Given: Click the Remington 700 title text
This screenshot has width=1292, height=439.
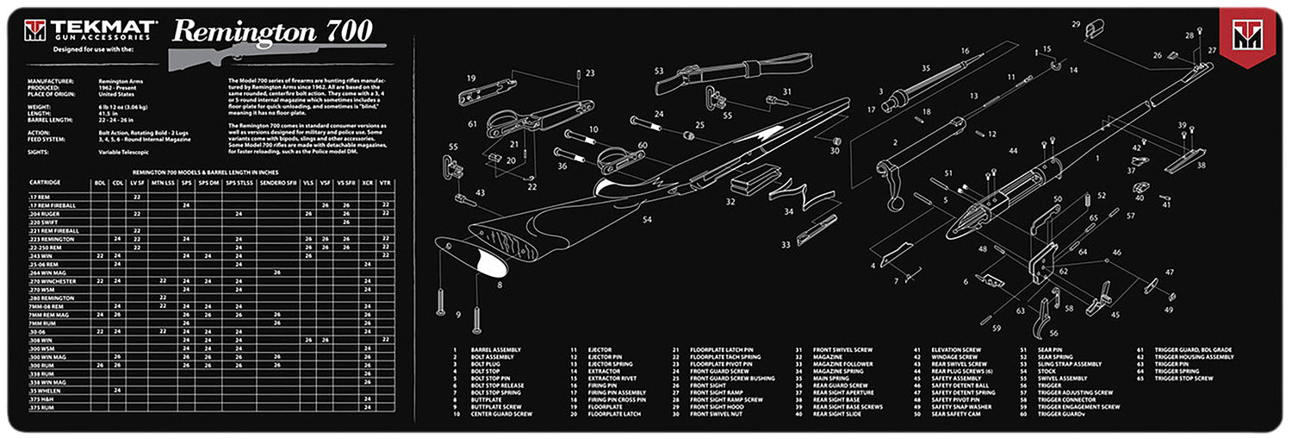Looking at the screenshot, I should [x=272, y=31].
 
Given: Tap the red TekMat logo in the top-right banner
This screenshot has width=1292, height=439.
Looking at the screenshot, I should [x=1245, y=37].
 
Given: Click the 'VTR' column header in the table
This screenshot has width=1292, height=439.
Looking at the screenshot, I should [x=385, y=183].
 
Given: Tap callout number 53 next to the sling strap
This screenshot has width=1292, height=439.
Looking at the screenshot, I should [x=659, y=71].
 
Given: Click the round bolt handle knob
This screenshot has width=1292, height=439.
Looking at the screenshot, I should [x=893, y=206].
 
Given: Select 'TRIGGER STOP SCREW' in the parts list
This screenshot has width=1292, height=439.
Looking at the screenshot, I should [x=1185, y=378].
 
